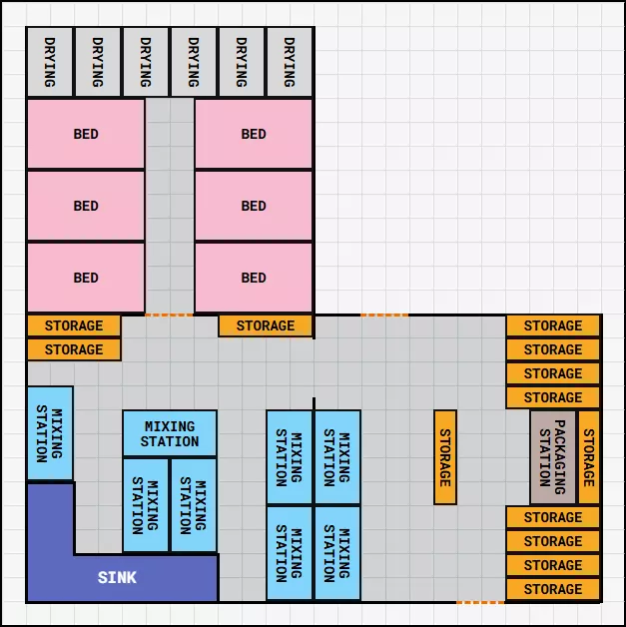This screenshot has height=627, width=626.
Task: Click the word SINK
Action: (x=117, y=578)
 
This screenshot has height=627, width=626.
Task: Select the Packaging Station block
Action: (x=552, y=457)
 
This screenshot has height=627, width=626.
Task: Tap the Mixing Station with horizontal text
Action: (x=169, y=434)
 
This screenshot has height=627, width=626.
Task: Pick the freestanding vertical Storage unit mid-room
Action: (x=445, y=457)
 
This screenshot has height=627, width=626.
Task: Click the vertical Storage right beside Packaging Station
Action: (x=589, y=457)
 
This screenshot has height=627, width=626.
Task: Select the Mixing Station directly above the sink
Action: (x=49, y=434)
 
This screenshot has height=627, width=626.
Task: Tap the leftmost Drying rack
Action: (x=49, y=62)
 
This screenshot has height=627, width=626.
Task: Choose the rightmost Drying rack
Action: (x=290, y=62)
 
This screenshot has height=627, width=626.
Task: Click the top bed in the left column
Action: (x=86, y=134)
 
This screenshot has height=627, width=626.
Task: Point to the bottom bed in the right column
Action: (x=254, y=278)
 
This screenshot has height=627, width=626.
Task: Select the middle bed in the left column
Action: (x=86, y=206)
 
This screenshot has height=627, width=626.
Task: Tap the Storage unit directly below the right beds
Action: (x=266, y=325)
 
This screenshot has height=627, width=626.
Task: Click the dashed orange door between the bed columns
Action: (x=169, y=314)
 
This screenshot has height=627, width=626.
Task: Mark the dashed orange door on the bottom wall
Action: (x=480, y=602)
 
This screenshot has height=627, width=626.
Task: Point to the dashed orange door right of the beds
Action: (x=384, y=314)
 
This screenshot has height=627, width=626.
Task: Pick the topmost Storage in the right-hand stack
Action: (x=553, y=325)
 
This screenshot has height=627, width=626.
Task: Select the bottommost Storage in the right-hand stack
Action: (x=553, y=589)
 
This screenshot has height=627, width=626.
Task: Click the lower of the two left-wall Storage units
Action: (x=74, y=349)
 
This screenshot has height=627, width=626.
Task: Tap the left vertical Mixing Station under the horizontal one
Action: (x=146, y=505)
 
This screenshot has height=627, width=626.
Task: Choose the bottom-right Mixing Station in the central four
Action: (x=337, y=553)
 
